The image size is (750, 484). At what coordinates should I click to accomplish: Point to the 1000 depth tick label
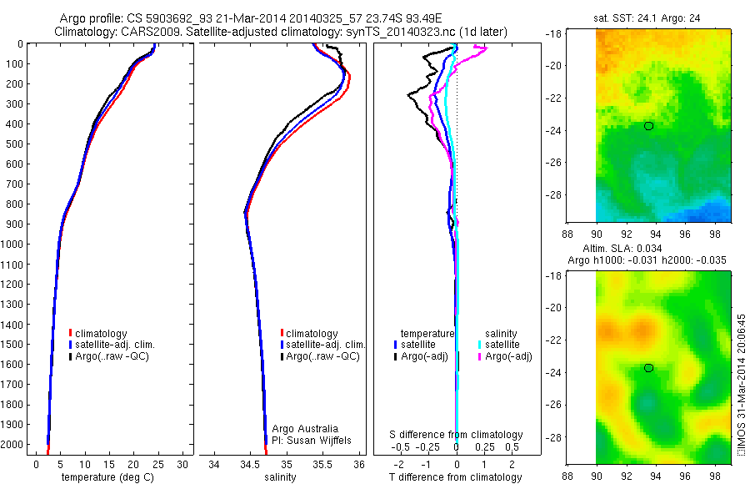pos(14,245)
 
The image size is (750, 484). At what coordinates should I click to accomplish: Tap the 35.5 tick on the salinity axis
pos(322,464)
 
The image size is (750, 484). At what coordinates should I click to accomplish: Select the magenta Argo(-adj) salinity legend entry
pos(509,356)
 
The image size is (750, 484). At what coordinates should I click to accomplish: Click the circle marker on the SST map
pos(648,126)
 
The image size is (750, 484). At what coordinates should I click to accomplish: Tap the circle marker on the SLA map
pos(648,368)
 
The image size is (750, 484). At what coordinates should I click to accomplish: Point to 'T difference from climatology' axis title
pos(455,477)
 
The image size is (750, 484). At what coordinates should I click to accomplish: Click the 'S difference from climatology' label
pos(457,435)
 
